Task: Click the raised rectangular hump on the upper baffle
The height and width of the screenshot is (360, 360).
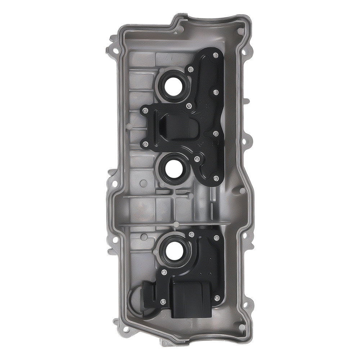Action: (x=177, y=125)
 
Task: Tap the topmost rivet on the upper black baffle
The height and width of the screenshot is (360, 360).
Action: (x=215, y=55)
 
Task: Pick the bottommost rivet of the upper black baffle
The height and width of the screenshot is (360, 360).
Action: (x=215, y=179)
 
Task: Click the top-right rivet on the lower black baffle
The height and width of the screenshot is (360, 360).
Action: (x=216, y=237)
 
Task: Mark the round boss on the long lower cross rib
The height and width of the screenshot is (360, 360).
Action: (x=174, y=224)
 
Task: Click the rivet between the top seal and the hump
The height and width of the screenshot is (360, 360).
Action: (x=189, y=106)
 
